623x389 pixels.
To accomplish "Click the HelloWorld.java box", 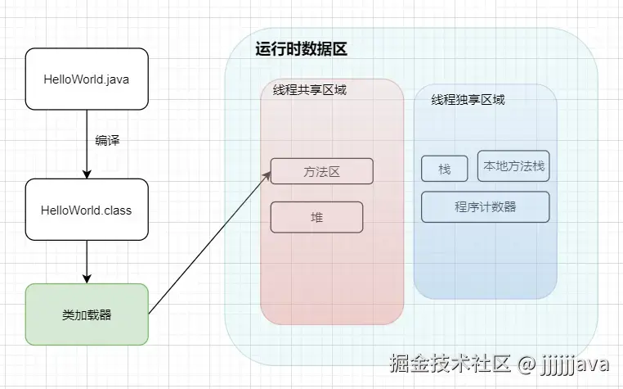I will pos(87,79).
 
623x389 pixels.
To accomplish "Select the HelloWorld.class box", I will pos(87,210).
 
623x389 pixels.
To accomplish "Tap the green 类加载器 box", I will pos(87,314).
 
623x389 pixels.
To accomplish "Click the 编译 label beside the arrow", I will pos(107,141).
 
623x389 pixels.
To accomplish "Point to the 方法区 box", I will pos(321,171).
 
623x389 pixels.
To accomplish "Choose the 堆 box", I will pos(316,217).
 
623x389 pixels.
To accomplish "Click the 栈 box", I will pos(445,169).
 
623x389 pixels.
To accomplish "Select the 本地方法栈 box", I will pos(513,166).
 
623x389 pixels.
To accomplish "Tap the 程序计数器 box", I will pos(486,206).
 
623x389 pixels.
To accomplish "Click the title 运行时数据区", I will pos(301,48).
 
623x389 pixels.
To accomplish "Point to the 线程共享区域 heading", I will pos(310,89).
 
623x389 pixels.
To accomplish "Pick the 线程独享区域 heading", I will pos(468,100).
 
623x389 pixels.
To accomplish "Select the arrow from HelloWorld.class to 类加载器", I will pos(87,262).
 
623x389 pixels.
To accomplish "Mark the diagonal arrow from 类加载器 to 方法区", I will pos(208,243).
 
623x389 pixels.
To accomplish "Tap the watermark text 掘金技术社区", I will pos(450,361).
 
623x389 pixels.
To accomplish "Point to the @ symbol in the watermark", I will pos(527,361).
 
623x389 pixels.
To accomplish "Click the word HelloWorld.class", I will pos(87,210).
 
